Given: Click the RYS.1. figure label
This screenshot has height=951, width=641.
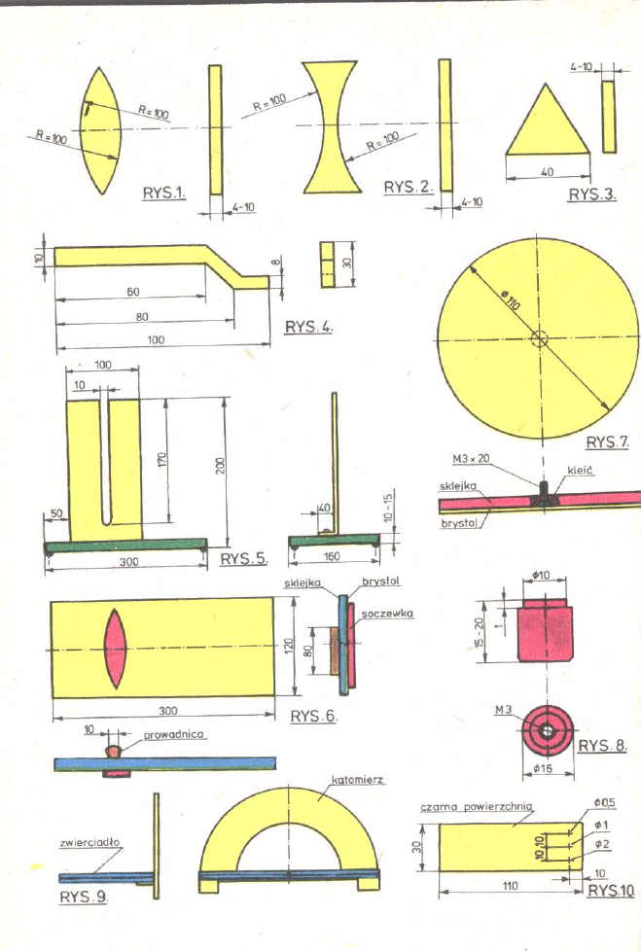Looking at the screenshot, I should tap(163, 193).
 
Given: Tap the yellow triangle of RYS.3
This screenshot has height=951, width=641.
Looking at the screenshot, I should tap(548, 125).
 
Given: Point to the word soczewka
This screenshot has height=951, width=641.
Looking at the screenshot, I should tap(387, 615).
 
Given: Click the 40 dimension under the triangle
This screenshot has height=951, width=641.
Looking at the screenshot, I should tap(547, 172).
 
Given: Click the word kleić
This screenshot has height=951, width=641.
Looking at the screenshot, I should tap(580, 470).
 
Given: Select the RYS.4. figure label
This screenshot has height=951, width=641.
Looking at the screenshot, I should tap(308, 327).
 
